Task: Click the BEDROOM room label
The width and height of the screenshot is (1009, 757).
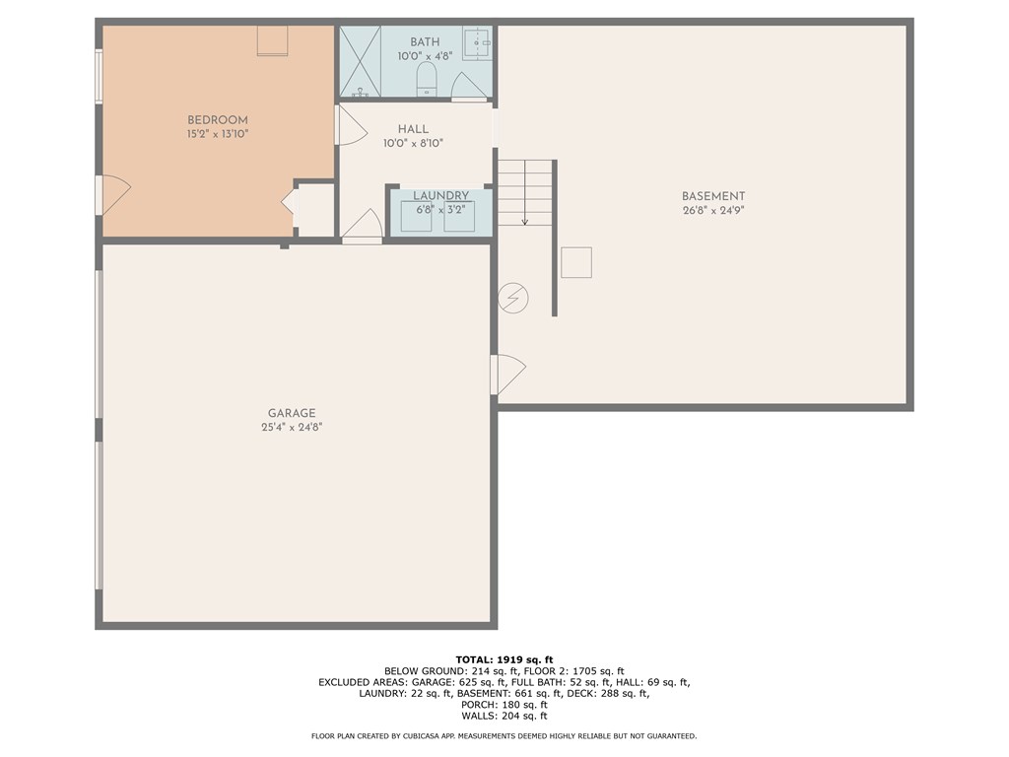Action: tap(218, 120)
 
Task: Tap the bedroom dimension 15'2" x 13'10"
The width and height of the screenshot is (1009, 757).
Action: tap(218, 134)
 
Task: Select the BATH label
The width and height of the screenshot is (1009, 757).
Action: tap(425, 42)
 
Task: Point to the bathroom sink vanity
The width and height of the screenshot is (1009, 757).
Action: tap(477, 44)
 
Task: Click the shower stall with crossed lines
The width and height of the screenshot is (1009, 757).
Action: tap(360, 61)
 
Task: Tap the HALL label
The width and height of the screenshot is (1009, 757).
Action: tap(413, 129)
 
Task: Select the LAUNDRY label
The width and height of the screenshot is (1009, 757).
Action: tap(440, 196)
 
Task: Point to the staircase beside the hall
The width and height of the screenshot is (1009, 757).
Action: tap(524, 192)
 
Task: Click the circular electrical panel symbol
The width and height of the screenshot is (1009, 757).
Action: tap(513, 297)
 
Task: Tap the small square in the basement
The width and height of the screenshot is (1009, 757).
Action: tap(575, 263)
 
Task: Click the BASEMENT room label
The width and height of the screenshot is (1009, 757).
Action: tap(713, 196)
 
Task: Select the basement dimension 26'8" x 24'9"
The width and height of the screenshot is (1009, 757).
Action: tap(713, 210)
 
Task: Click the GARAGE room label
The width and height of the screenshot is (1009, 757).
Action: tap(292, 413)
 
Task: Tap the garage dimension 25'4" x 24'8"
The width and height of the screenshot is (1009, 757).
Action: tap(292, 427)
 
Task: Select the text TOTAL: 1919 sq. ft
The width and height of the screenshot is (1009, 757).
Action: tap(504, 659)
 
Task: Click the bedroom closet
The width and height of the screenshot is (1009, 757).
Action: tap(315, 209)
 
